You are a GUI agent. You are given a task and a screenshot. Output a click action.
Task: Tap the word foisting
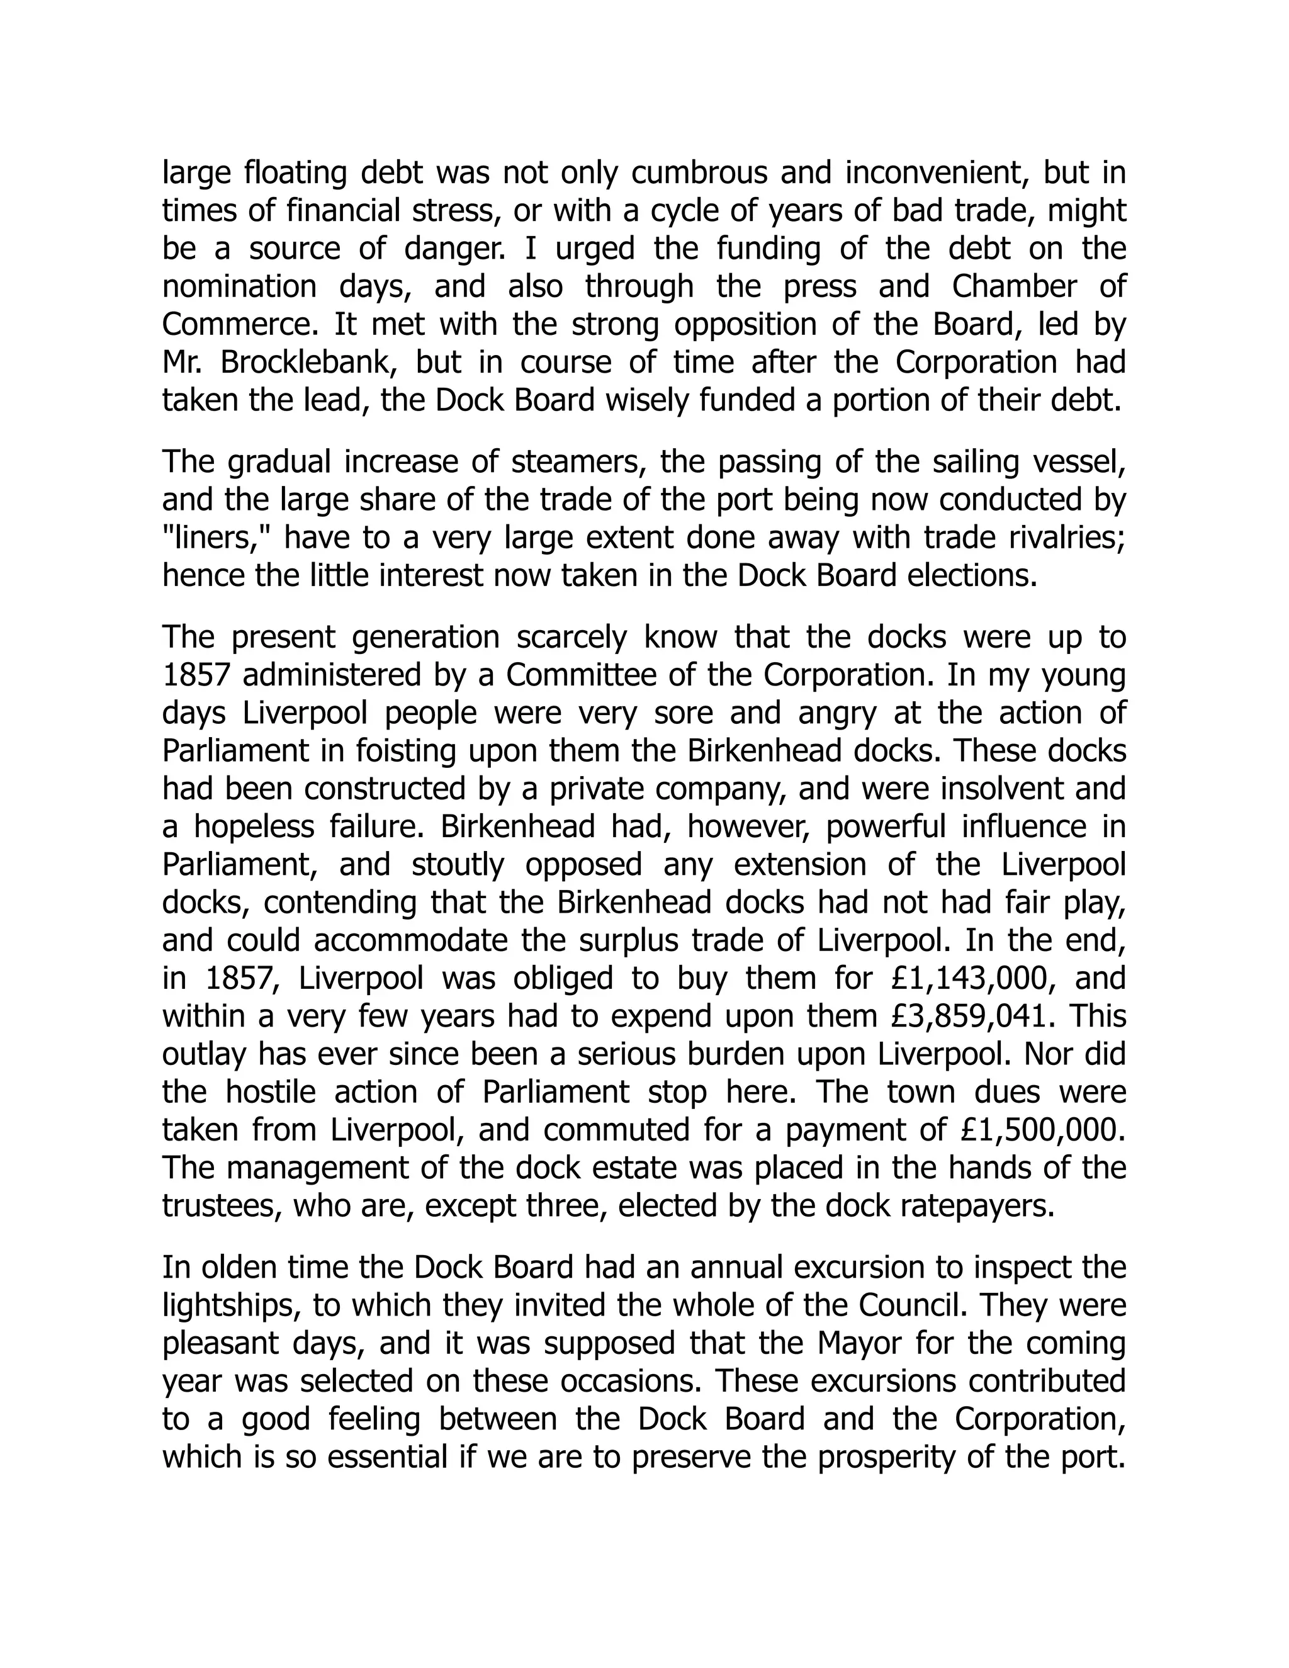pos(404,751)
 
